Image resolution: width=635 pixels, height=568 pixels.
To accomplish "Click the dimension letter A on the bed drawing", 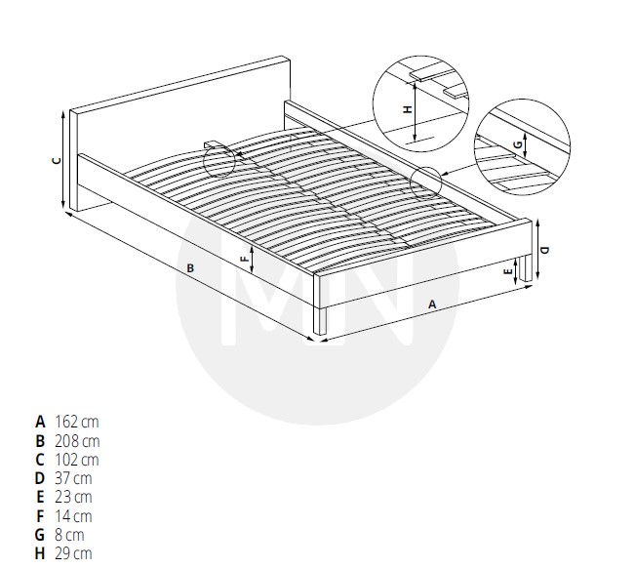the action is (432, 304).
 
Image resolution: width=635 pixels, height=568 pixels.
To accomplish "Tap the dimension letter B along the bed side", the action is (190, 268).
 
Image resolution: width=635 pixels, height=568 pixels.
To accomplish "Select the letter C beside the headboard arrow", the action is (58, 160).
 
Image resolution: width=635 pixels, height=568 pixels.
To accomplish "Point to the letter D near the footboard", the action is (545, 250).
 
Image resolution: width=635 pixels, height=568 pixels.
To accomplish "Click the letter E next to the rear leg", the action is (508, 272).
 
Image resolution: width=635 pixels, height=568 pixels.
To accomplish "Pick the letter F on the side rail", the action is (245, 259).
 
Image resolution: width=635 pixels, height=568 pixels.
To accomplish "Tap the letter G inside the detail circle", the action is (518, 145).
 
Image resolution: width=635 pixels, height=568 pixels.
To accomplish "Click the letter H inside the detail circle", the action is (408, 109).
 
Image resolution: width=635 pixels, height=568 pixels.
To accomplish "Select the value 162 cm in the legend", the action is (77, 422).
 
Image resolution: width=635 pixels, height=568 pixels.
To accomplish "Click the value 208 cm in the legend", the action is (77, 441).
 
